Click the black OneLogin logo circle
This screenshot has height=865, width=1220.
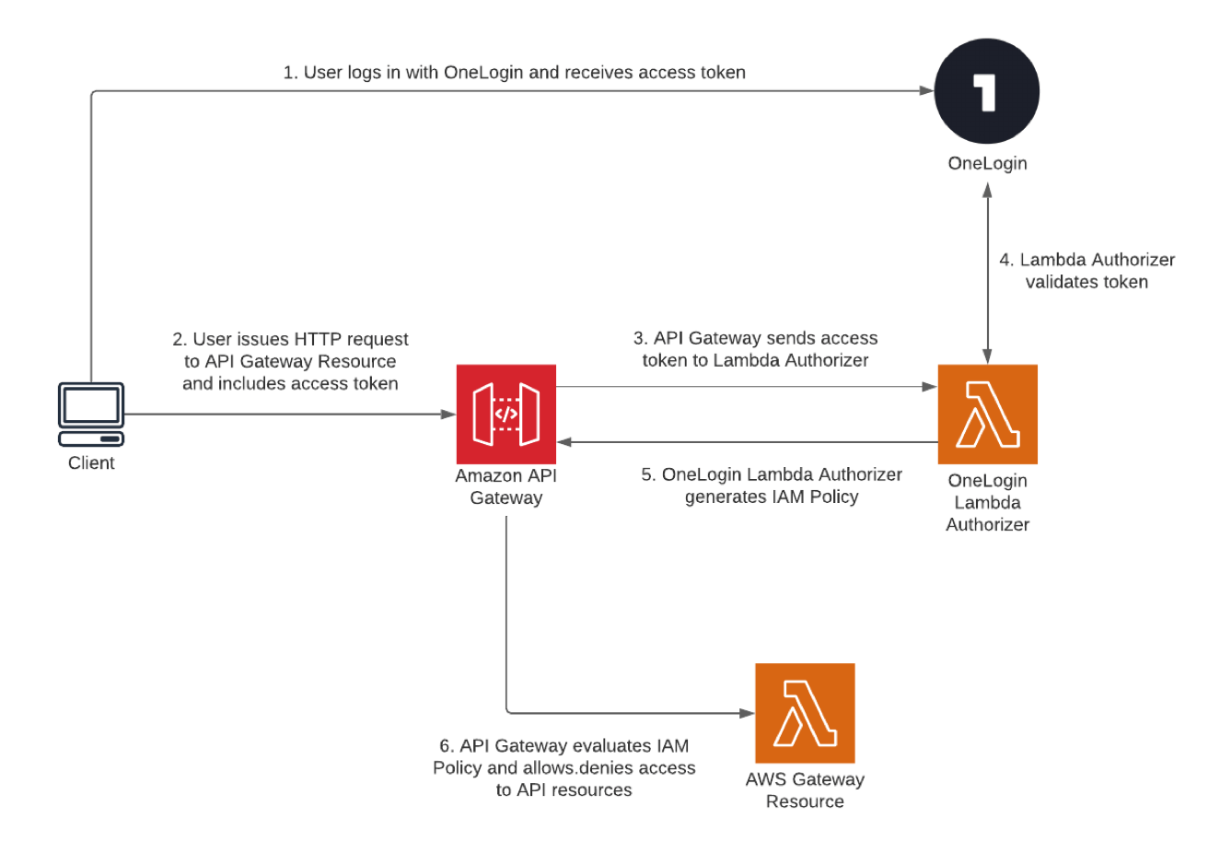[987, 91]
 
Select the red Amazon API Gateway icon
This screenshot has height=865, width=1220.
[506, 415]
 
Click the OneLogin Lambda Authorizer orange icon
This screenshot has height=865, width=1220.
[987, 415]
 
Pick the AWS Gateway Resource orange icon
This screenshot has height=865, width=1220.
[805, 713]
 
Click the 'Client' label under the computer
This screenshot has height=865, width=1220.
[91, 463]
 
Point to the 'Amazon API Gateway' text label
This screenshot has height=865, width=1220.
[506, 486]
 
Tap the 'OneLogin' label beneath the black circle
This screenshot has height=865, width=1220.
[987, 163]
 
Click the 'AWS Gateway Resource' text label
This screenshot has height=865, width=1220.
[805, 790]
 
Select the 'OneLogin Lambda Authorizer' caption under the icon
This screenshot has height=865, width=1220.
[987, 502]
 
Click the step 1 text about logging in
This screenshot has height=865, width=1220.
[514, 73]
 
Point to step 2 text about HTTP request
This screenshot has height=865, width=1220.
[290, 361]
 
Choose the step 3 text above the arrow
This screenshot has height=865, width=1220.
[755, 349]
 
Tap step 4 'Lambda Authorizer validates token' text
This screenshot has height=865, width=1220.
[1086, 271]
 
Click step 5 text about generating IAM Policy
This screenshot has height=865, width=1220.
[772, 485]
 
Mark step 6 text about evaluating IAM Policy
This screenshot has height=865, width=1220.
[564, 767]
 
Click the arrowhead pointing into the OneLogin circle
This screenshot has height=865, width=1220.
[927, 91]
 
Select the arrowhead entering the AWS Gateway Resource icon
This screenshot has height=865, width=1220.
[747, 713]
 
